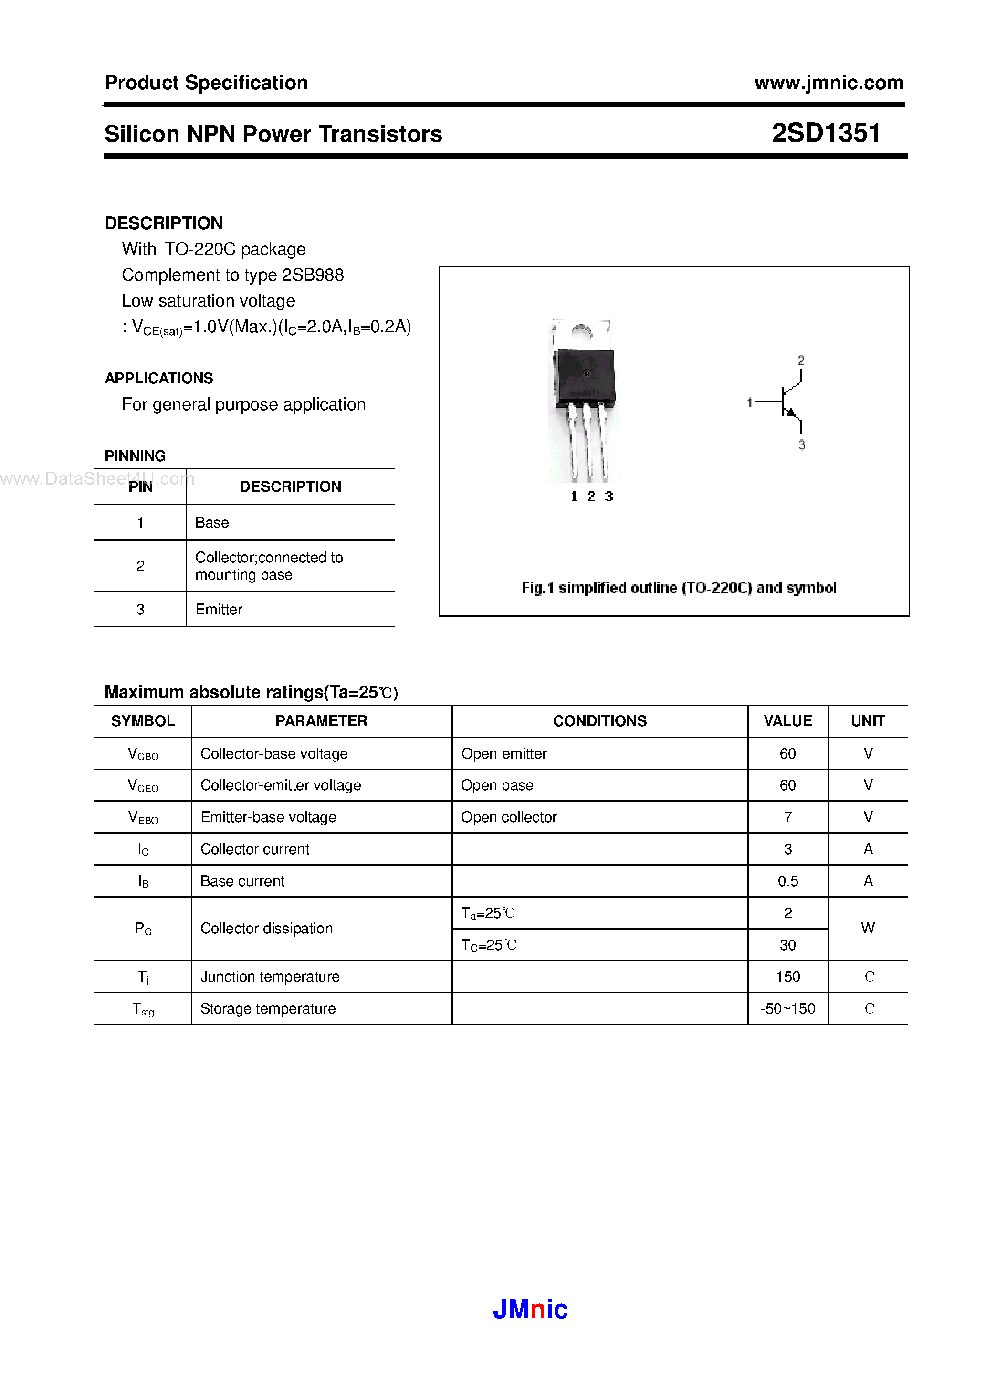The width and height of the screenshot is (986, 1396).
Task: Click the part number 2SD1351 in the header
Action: coord(826,133)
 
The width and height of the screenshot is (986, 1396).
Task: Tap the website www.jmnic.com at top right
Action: coord(829,83)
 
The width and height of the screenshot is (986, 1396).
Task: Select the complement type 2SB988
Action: coord(313,275)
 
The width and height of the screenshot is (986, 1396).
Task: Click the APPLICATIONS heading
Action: coord(158,378)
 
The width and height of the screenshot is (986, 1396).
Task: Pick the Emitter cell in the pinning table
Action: coord(219,610)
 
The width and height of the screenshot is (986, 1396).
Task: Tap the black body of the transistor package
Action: coord(585,377)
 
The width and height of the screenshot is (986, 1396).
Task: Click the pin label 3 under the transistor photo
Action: coord(608,497)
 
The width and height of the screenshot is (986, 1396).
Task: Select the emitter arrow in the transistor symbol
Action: coord(790,413)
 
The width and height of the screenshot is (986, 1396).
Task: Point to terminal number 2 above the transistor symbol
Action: coord(801,360)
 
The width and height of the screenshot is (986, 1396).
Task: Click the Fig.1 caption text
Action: coord(678,588)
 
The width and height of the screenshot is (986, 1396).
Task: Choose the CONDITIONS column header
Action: coord(599,721)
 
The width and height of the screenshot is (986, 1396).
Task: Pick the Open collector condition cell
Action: coord(509,817)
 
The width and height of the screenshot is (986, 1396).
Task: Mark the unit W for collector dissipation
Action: coord(868,929)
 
